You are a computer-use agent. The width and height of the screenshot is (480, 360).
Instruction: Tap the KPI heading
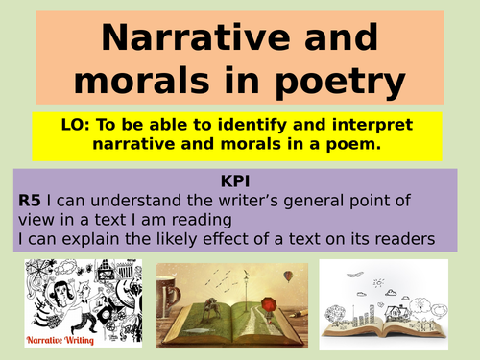(240, 179)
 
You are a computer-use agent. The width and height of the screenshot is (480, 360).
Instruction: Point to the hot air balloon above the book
(288, 276)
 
